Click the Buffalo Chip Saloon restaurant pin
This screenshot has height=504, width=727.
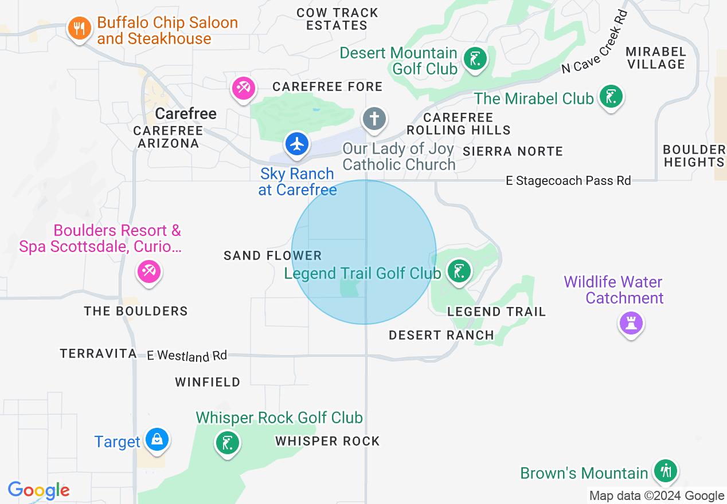point(79,28)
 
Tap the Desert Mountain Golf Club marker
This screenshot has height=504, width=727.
point(475,59)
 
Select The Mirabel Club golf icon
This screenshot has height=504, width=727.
point(611,96)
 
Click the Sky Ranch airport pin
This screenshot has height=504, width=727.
point(297,144)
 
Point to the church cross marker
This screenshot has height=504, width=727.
point(374,119)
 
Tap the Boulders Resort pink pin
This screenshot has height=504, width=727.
point(149,271)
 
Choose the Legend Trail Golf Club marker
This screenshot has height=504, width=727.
point(458,271)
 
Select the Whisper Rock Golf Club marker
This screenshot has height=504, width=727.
point(228,443)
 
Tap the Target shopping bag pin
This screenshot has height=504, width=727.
point(157,440)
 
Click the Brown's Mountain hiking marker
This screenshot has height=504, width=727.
point(666,471)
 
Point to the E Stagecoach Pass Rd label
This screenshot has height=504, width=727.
point(568,181)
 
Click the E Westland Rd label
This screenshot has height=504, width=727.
point(187,356)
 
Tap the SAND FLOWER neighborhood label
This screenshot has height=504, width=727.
point(273,255)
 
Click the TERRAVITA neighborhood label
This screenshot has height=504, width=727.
point(98,354)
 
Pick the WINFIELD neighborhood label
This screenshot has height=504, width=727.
point(208,382)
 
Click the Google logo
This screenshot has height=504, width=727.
point(39,491)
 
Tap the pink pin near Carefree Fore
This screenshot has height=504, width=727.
point(243,88)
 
